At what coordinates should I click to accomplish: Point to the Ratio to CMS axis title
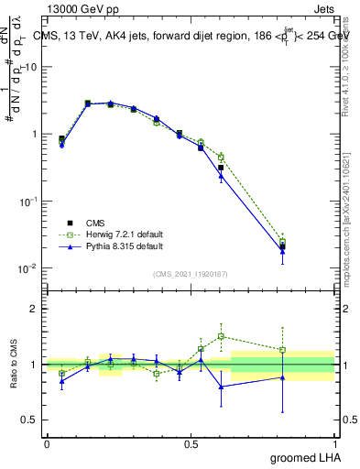pos(14,364)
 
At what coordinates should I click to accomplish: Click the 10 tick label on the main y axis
pos(31,67)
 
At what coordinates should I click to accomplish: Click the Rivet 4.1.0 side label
pos(351,55)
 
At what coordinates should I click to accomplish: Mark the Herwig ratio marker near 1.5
pos(221,336)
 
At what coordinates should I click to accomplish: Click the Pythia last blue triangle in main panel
pos(308,252)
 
